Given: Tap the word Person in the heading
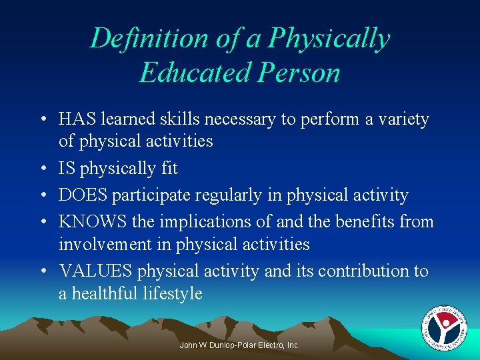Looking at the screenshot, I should pos(306,73).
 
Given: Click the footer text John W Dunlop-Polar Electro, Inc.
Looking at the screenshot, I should pos(240,345).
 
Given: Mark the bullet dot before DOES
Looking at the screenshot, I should pos(42,195).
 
